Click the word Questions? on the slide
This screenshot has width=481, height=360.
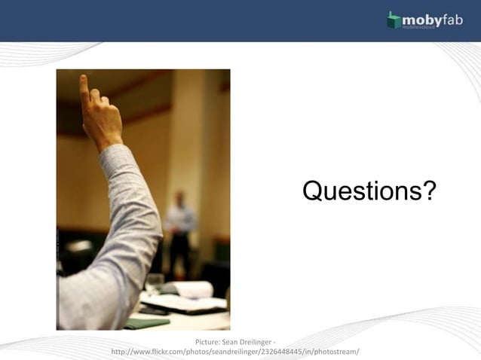point(369,191)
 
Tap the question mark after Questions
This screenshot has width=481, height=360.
point(428,191)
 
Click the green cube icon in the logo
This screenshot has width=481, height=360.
point(394,20)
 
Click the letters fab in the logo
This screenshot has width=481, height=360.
point(452,18)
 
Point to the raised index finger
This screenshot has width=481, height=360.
point(84,86)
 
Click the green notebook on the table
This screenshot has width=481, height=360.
point(147,322)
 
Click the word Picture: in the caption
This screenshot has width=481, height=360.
point(207,343)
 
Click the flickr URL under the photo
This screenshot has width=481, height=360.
point(234,352)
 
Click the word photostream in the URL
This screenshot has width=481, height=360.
point(336,352)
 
